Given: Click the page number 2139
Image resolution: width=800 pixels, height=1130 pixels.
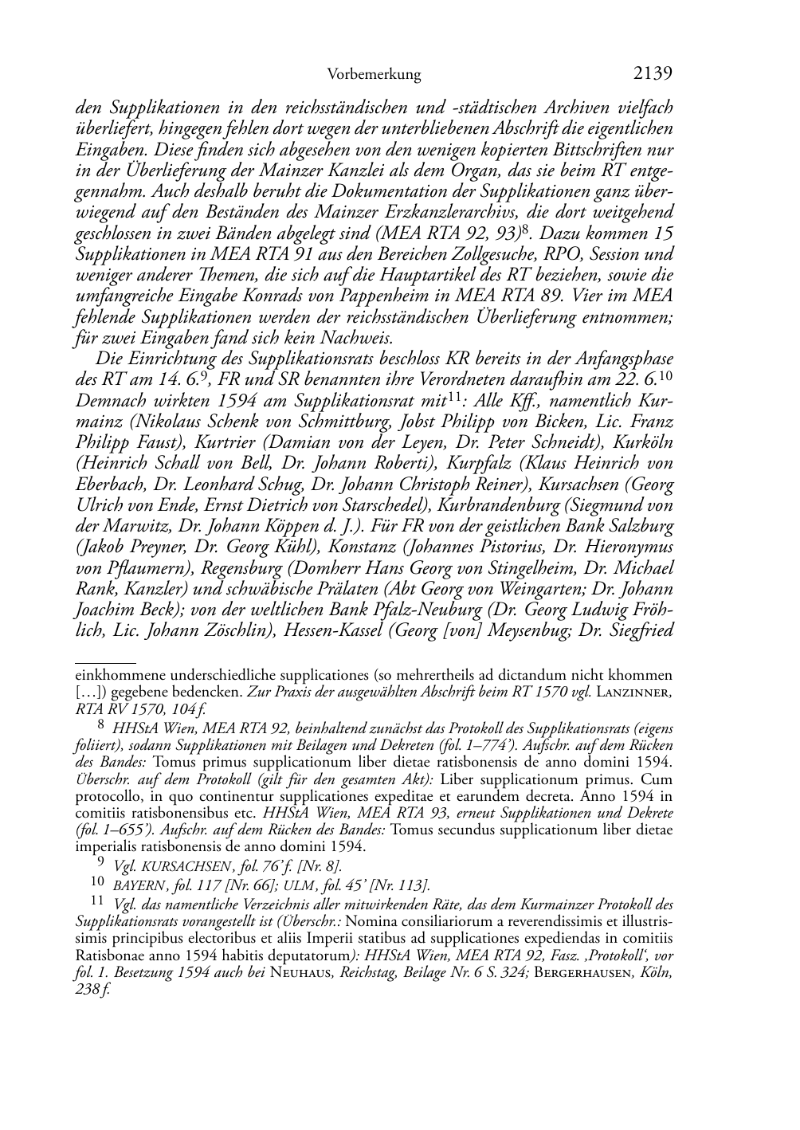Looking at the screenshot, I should (x=653, y=74).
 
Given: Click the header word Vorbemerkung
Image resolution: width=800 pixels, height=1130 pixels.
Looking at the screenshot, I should (x=374, y=75).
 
